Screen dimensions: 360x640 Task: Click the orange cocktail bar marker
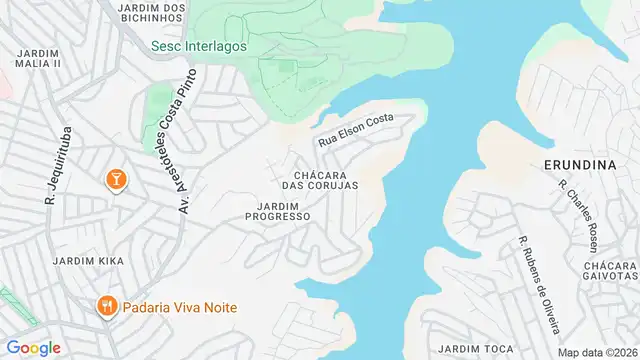pos(115,179)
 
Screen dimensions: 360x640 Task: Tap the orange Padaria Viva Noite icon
pos(104,307)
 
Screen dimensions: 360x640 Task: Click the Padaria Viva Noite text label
pos(180,308)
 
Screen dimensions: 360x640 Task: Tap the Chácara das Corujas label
pos(319,179)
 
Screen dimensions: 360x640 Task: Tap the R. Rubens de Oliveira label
pos(538,285)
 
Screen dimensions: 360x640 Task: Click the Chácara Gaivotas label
pos(609,269)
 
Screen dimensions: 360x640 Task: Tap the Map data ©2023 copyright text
pos(597,352)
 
